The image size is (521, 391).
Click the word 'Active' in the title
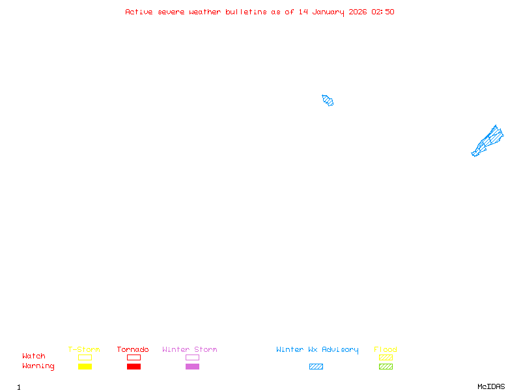pos(139,12)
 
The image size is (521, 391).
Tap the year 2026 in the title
pos(358,12)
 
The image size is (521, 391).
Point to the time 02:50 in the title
pos(383,12)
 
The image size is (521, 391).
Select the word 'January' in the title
pos(328,12)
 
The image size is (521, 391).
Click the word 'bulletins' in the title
pos(246,12)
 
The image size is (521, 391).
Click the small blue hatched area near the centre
pos(328,100)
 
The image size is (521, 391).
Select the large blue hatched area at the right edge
pos(488,141)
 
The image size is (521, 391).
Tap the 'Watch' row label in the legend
pos(34,356)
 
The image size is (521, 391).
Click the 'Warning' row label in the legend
pos(38,366)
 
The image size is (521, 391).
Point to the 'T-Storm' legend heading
pos(84,349)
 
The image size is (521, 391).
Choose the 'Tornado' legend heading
pos(133,349)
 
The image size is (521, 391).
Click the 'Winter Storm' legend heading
pos(190,349)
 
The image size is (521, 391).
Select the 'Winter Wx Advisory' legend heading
pos(317,350)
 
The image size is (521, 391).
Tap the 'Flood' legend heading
pos(386,349)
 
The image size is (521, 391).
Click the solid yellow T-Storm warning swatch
pos(85,366)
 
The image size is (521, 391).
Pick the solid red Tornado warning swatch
pos(134,366)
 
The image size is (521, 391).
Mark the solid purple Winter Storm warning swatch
pos(192,366)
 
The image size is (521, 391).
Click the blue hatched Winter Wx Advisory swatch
pos(316,366)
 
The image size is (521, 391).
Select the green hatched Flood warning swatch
pos(386,366)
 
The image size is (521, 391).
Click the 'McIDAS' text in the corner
pos(491,386)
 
